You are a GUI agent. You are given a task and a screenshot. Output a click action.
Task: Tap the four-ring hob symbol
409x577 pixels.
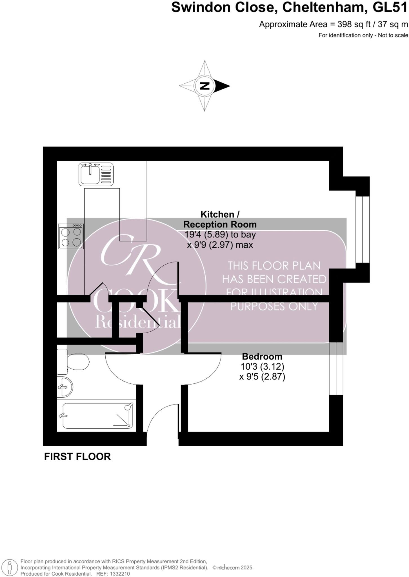(x=71, y=236)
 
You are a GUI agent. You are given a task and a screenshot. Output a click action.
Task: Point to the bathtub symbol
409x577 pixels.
(x=97, y=416)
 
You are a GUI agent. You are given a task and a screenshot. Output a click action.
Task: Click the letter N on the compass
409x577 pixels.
(x=204, y=86)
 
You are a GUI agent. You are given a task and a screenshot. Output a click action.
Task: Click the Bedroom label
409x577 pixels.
(x=262, y=356)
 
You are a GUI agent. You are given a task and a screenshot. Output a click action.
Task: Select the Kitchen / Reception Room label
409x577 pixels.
(x=220, y=219)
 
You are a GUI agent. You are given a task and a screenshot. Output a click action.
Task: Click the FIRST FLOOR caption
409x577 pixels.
(x=77, y=457)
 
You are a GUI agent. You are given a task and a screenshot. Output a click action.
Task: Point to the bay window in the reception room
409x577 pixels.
(x=362, y=229)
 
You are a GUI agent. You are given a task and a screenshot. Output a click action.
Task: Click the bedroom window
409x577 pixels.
(x=336, y=369)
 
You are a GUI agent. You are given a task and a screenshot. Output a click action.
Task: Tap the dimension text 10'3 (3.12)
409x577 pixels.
(x=262, y=367)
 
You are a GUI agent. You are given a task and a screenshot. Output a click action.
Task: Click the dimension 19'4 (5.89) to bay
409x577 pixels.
(x=220, y=234)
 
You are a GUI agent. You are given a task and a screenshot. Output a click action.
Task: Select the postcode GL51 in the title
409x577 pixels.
(x=390, y=7)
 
